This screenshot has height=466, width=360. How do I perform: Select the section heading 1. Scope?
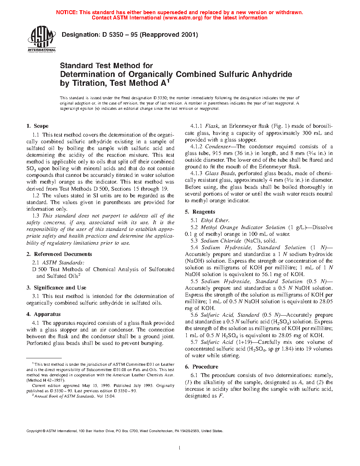(x=37, y=126)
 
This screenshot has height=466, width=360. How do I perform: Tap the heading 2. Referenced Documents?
(x=59, y=254)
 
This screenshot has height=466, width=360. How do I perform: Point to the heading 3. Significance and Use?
(x=56, y=288)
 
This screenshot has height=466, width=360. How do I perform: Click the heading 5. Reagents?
(x=200, y=212)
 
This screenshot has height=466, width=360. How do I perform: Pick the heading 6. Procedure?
(x=202, y=367)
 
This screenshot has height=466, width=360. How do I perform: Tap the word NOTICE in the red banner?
(x=67, y=12)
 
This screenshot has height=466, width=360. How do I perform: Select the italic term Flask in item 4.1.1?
(x=212, y=126)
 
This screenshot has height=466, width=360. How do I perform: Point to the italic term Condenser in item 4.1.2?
(x=218, y=147)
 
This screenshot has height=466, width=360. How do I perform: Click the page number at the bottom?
(x=180, y=448)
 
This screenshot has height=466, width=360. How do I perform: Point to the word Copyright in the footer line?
(x=34, y=431)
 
